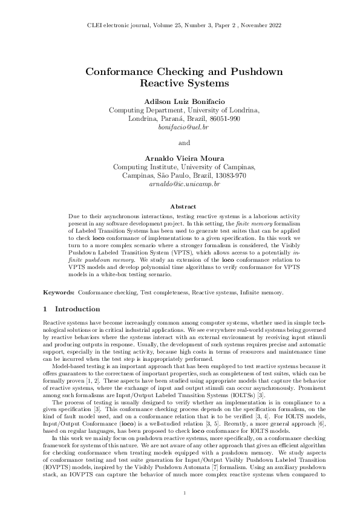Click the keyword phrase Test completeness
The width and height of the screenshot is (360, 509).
click(x=163, y=292)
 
